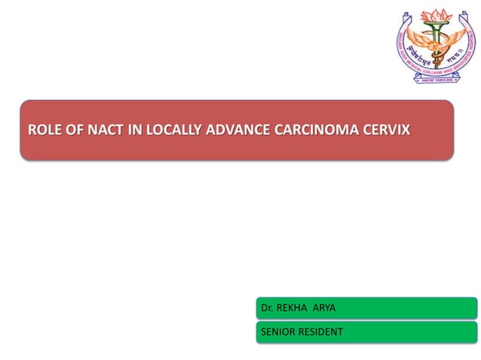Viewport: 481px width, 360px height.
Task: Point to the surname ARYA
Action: [x=326, y=309]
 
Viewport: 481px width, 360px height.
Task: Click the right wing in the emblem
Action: [x=457, y=34]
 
